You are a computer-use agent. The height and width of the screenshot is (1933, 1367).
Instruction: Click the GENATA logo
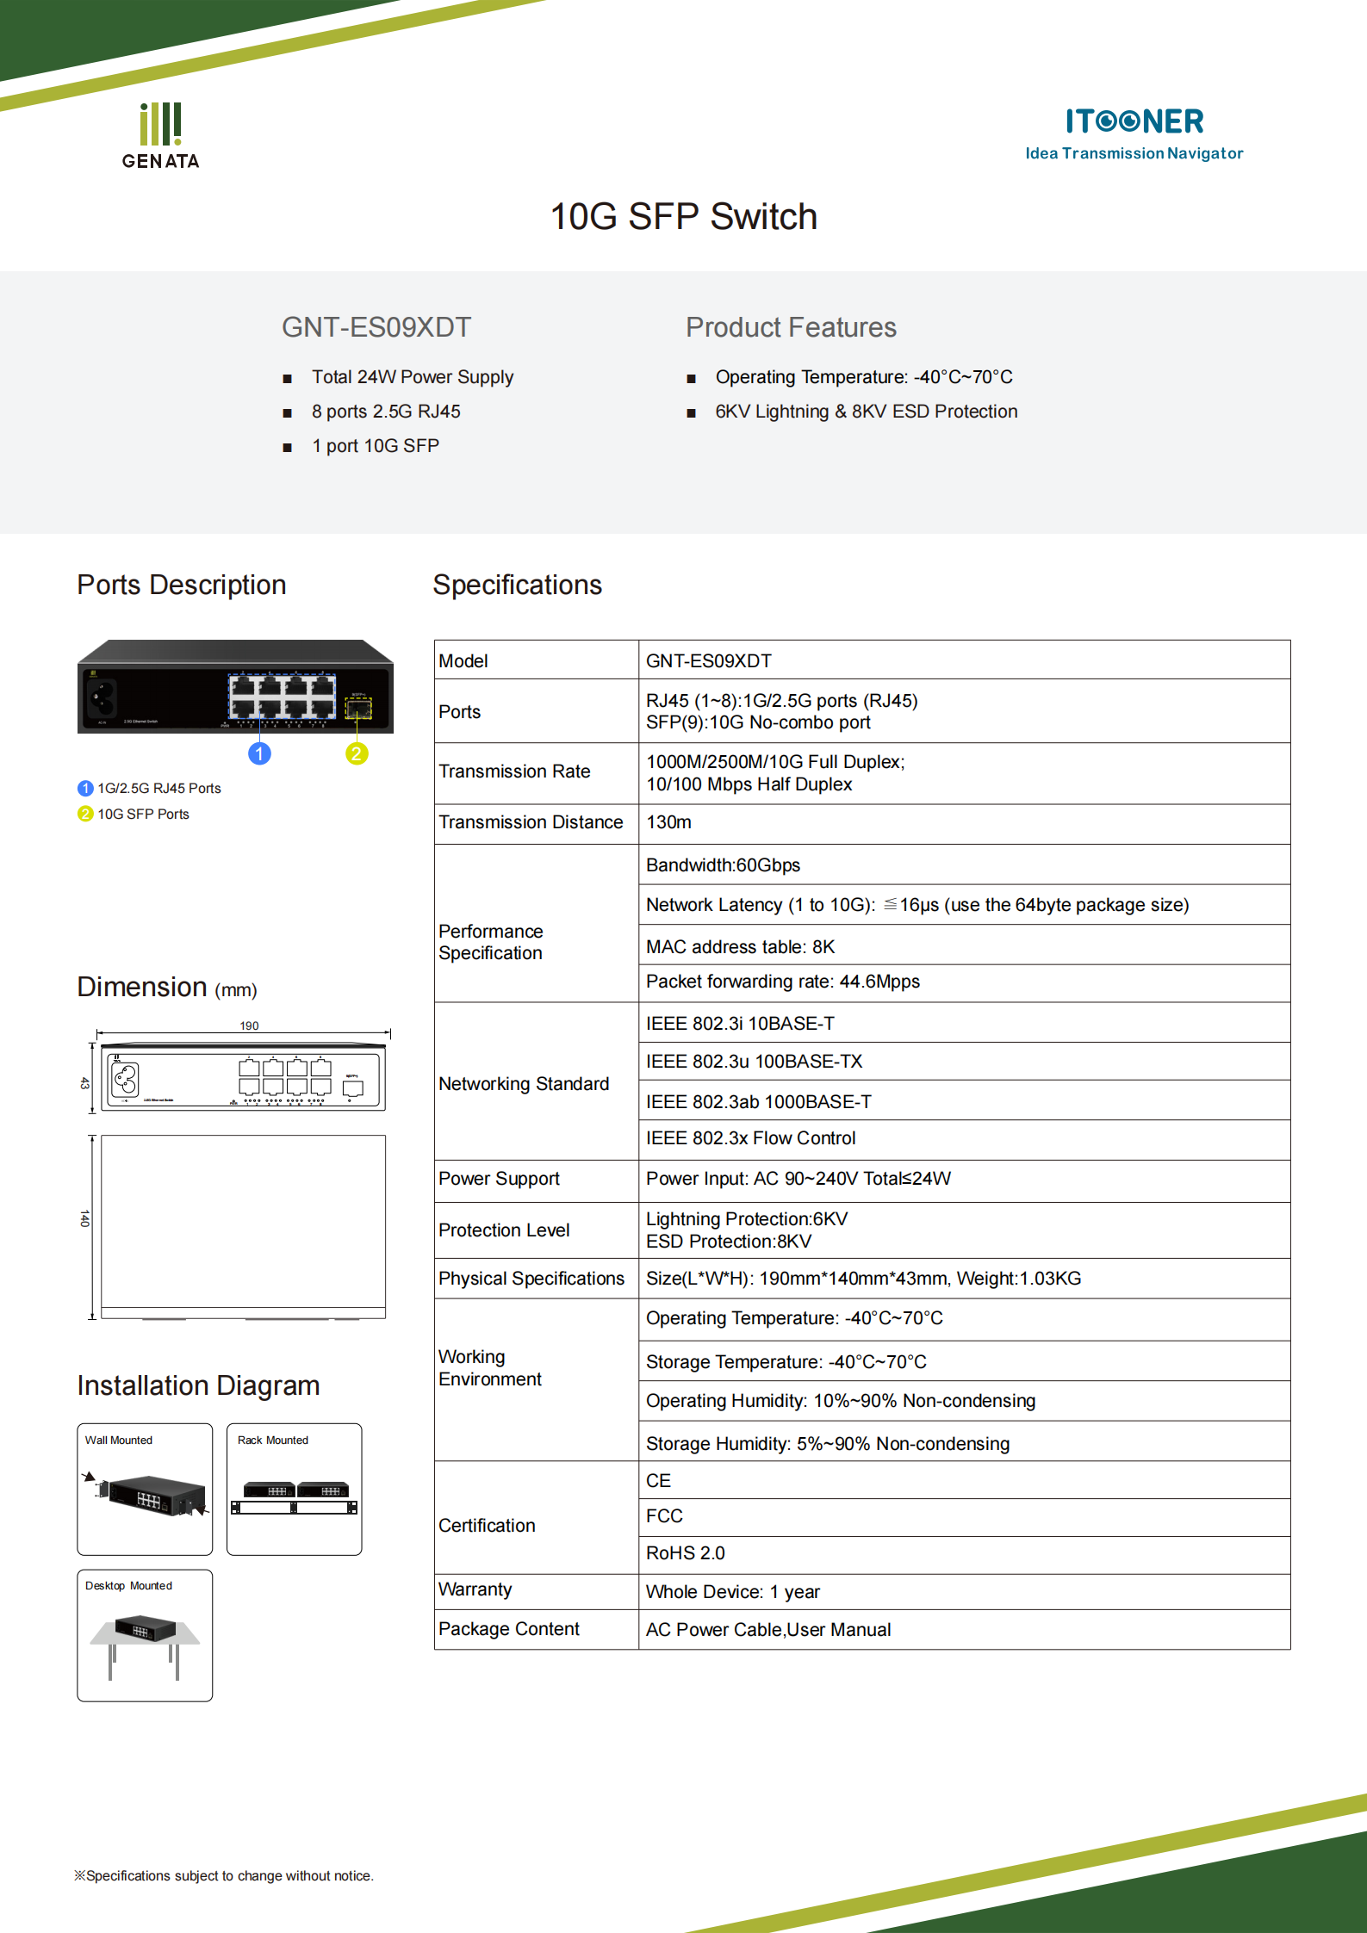tap(160, 136)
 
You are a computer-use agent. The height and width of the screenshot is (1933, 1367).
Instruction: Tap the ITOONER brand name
tap(1134, 121)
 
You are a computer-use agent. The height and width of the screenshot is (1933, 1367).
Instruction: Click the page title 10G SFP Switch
tap(683, 217)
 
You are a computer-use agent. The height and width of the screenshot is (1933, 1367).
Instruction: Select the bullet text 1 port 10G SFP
tap(376, 446)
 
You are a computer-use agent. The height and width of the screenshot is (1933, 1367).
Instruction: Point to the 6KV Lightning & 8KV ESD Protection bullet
tap(866, 412)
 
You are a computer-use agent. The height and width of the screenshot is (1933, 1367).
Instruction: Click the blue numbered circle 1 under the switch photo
tap(259, 754)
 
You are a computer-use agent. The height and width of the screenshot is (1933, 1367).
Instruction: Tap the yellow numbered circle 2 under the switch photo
tap(357, 754)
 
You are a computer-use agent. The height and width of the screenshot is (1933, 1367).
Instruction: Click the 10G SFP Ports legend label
tap(143, 815)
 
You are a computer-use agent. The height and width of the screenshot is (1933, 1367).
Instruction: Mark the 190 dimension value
tap(249, 1025)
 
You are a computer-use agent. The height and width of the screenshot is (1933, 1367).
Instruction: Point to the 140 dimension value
tap(84, 1218)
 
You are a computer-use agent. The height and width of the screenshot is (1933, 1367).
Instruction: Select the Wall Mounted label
tap(119, 1440)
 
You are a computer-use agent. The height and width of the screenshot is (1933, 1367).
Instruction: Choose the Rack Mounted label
tap(272, 1440)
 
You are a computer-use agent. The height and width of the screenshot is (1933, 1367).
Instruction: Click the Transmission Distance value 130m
tap(668, 822)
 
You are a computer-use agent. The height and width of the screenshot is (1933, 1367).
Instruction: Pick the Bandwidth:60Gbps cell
tap(723, 865)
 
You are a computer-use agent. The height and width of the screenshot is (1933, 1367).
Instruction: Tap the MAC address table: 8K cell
tap(740, 947)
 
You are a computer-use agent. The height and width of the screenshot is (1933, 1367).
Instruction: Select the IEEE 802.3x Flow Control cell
tap(750, 1138)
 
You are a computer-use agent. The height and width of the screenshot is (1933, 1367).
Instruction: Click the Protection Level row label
tap(504, 1230)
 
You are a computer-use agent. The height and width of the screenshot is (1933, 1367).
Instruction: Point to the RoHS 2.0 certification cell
tap(686, 1553)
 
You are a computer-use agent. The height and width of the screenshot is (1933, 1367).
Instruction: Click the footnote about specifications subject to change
tap(224, 1876)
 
